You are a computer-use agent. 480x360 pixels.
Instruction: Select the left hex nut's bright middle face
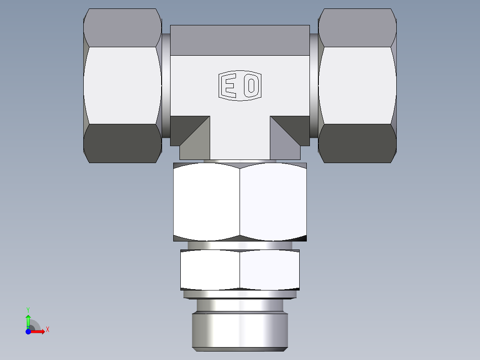point(122,85)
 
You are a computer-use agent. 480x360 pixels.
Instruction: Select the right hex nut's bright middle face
point(357,85)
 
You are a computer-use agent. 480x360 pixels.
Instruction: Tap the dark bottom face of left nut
point(122,143)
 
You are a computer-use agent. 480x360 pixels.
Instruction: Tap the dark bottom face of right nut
point(357,143)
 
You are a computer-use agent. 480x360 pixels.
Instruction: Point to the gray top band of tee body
point(240,40)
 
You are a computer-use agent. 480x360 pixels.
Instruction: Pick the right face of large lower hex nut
point(273,201)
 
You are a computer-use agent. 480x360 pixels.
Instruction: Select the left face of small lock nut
point(210,270)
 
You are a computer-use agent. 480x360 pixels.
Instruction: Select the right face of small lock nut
point(269,270)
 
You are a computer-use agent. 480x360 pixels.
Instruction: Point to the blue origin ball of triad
point(28,331)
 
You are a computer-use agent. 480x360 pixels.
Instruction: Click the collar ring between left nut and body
point(165,85)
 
